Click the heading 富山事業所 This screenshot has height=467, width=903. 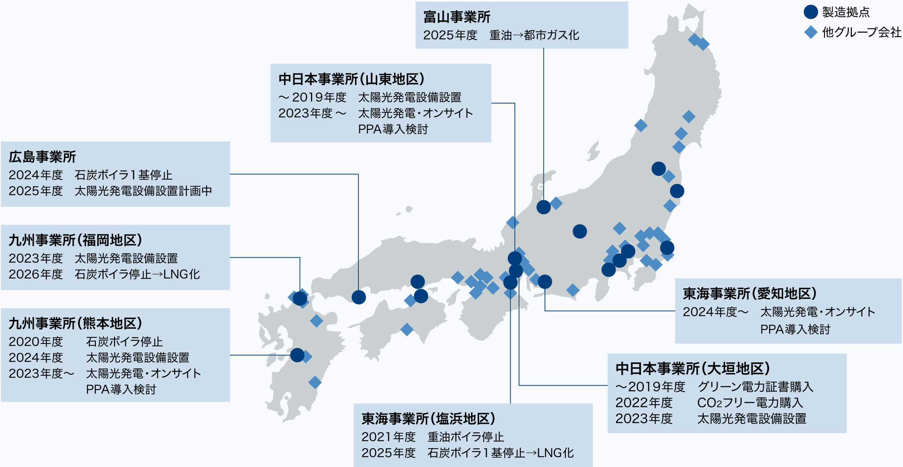point(457,17)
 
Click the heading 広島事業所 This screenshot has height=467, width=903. point(42,157)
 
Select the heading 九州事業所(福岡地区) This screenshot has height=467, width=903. point(75,240)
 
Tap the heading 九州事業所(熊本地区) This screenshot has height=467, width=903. point(75,323)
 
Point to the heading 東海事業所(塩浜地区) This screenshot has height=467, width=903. point(428,418)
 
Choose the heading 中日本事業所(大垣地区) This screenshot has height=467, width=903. point(692,368)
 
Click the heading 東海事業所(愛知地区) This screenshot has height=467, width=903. point(749,294)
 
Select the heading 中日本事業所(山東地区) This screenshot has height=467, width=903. point(351,79)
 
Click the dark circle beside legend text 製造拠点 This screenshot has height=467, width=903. point(810,12)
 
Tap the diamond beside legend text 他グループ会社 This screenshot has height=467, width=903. point(810,32)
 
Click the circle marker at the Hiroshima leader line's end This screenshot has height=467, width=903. point(359,297)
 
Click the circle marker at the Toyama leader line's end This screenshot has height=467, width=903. point(543,207)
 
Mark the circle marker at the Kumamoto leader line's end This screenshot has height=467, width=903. point(297,355)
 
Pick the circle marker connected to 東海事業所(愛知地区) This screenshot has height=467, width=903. point(545,281)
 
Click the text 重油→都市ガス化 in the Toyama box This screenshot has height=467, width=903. point(534,35)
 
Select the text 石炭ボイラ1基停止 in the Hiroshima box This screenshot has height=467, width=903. point(123,175)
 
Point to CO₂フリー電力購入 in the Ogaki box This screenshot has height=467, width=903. point(750,403)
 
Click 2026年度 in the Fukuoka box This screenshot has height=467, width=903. point(36,274)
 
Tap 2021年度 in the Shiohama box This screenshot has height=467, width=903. point(388,437)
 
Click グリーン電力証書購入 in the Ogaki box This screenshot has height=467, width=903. point(755,387)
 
